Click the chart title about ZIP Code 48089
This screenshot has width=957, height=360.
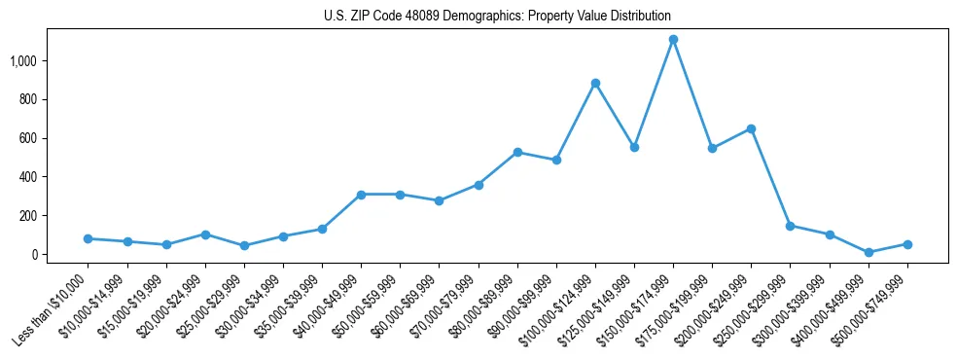(497, 17)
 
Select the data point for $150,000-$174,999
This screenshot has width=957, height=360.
(673, 40)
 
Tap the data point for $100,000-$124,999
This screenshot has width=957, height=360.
(595, 84)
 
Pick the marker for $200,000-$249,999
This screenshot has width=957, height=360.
(751, 128)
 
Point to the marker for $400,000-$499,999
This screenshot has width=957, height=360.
(868, 252)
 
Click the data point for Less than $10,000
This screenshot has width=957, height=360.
(88, 238)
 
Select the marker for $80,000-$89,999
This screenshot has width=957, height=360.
(517, 152)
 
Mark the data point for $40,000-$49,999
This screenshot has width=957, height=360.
(361, 195)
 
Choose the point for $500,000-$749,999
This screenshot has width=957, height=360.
(907, 244)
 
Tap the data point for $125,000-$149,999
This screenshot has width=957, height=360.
(634, 147)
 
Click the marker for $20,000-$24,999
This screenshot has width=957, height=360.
(205, 234)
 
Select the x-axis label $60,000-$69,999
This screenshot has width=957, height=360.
(406, 309)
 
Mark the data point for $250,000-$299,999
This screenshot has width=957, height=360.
(790, 226)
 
